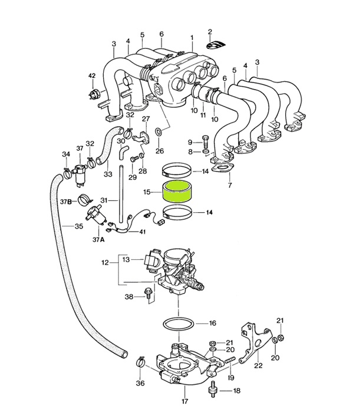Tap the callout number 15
coord(147,192)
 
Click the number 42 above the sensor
coord(91,76)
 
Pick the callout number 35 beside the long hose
coord(79,226)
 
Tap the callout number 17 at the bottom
coord(184,401)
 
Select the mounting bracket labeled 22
coord(254,344)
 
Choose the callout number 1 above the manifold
coord(191,37)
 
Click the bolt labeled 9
coord(204,141)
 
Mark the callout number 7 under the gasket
coord(230,185)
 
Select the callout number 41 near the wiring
coord(142,232)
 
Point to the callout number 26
coord(159,151)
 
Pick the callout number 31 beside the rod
coord(104,201)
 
